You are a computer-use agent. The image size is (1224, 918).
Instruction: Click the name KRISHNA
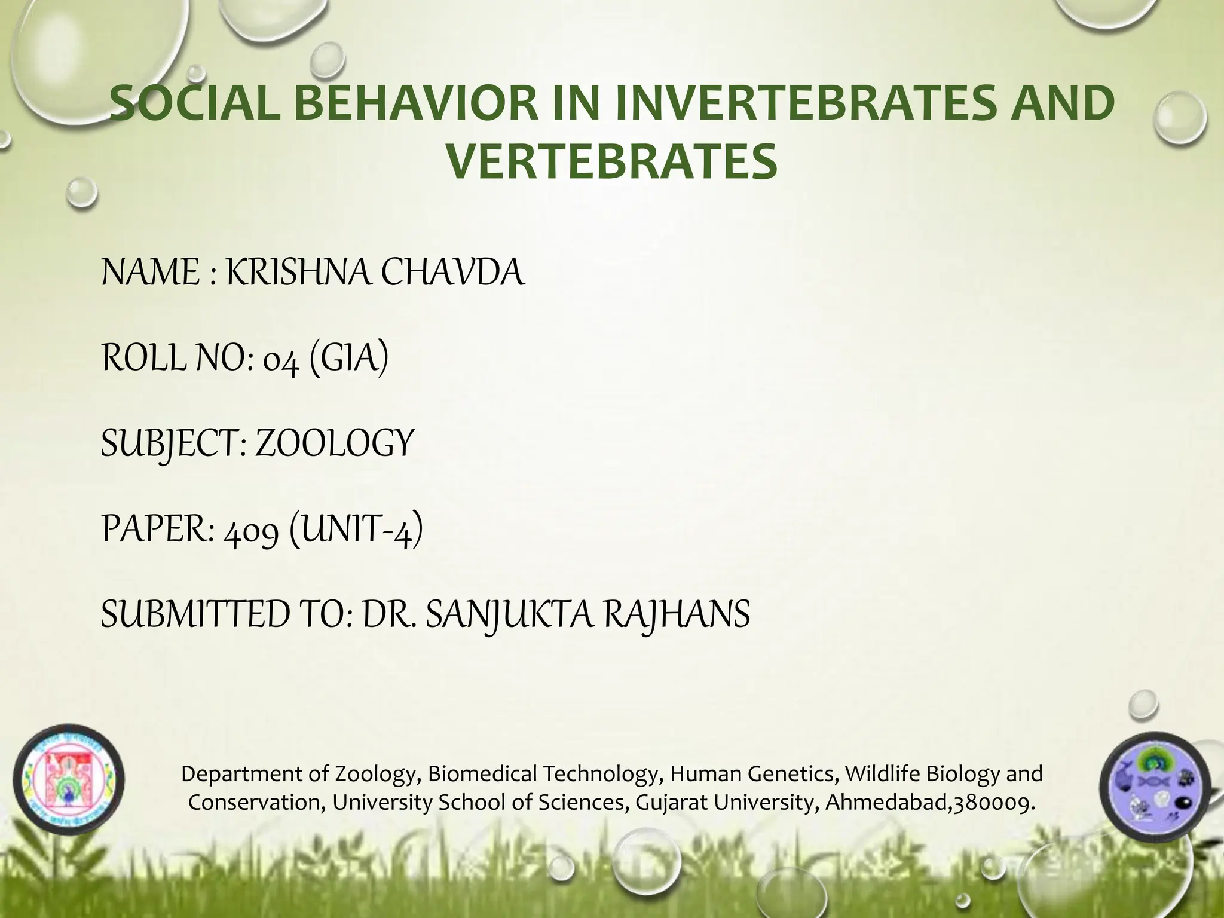point(299,273)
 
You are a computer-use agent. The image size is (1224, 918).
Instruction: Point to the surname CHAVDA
point(452,273)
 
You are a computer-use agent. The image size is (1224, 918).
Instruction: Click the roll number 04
point(281,360)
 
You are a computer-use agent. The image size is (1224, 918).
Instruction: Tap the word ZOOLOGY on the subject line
point(334,444)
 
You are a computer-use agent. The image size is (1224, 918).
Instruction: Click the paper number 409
point(251,531)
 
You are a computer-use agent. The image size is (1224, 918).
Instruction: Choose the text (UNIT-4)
point(356,531)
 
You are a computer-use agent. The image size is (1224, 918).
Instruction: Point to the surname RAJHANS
point(677,615)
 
